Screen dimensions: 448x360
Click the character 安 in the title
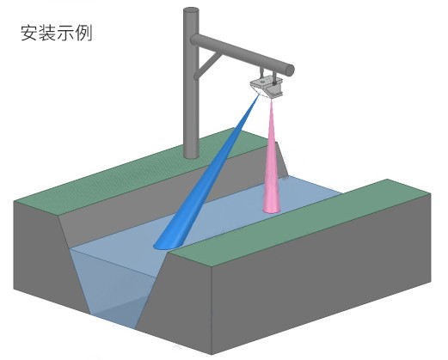coord(29,33)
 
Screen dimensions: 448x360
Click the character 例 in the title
coord(83,33)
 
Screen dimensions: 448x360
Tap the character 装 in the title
coord(47,33)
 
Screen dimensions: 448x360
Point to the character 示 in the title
coord(65,33)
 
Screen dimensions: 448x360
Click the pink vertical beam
coord(271,161)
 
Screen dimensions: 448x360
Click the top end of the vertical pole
coord(191,11)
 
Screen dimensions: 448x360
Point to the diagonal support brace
coord(207,65)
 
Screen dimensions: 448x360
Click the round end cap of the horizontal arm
coord(289,70)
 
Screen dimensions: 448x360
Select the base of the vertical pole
coord(191,155)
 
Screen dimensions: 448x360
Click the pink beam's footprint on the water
coord(272,211)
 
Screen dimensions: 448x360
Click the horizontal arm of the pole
coord(242,53)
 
